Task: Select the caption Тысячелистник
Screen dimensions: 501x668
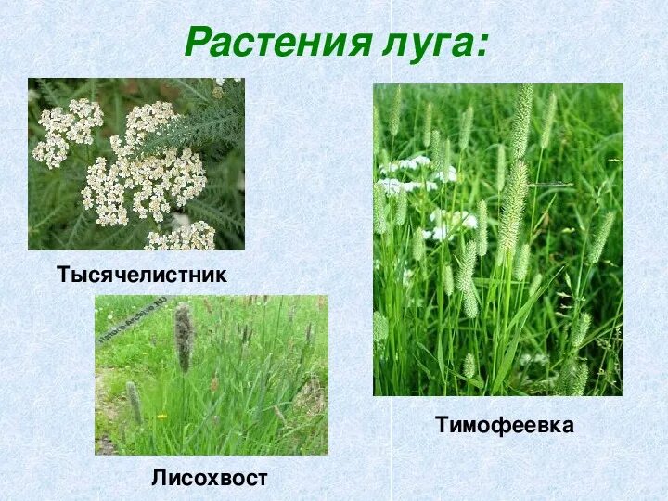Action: click(141, 276)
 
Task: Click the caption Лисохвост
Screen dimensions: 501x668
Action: click(210, 478)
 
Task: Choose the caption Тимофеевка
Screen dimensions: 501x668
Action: click(505, 426)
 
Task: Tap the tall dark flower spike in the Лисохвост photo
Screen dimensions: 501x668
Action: click(184, 335)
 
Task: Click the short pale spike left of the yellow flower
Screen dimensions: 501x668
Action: click(134, 401)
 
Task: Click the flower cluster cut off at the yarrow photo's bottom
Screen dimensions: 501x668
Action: click(181, 238)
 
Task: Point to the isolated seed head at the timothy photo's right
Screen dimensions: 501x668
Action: click(601, 238)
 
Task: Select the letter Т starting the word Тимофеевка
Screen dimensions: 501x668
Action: click(443, 426)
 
